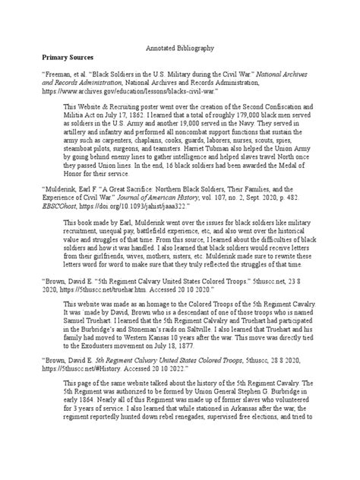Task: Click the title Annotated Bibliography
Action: click(180, 47)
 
